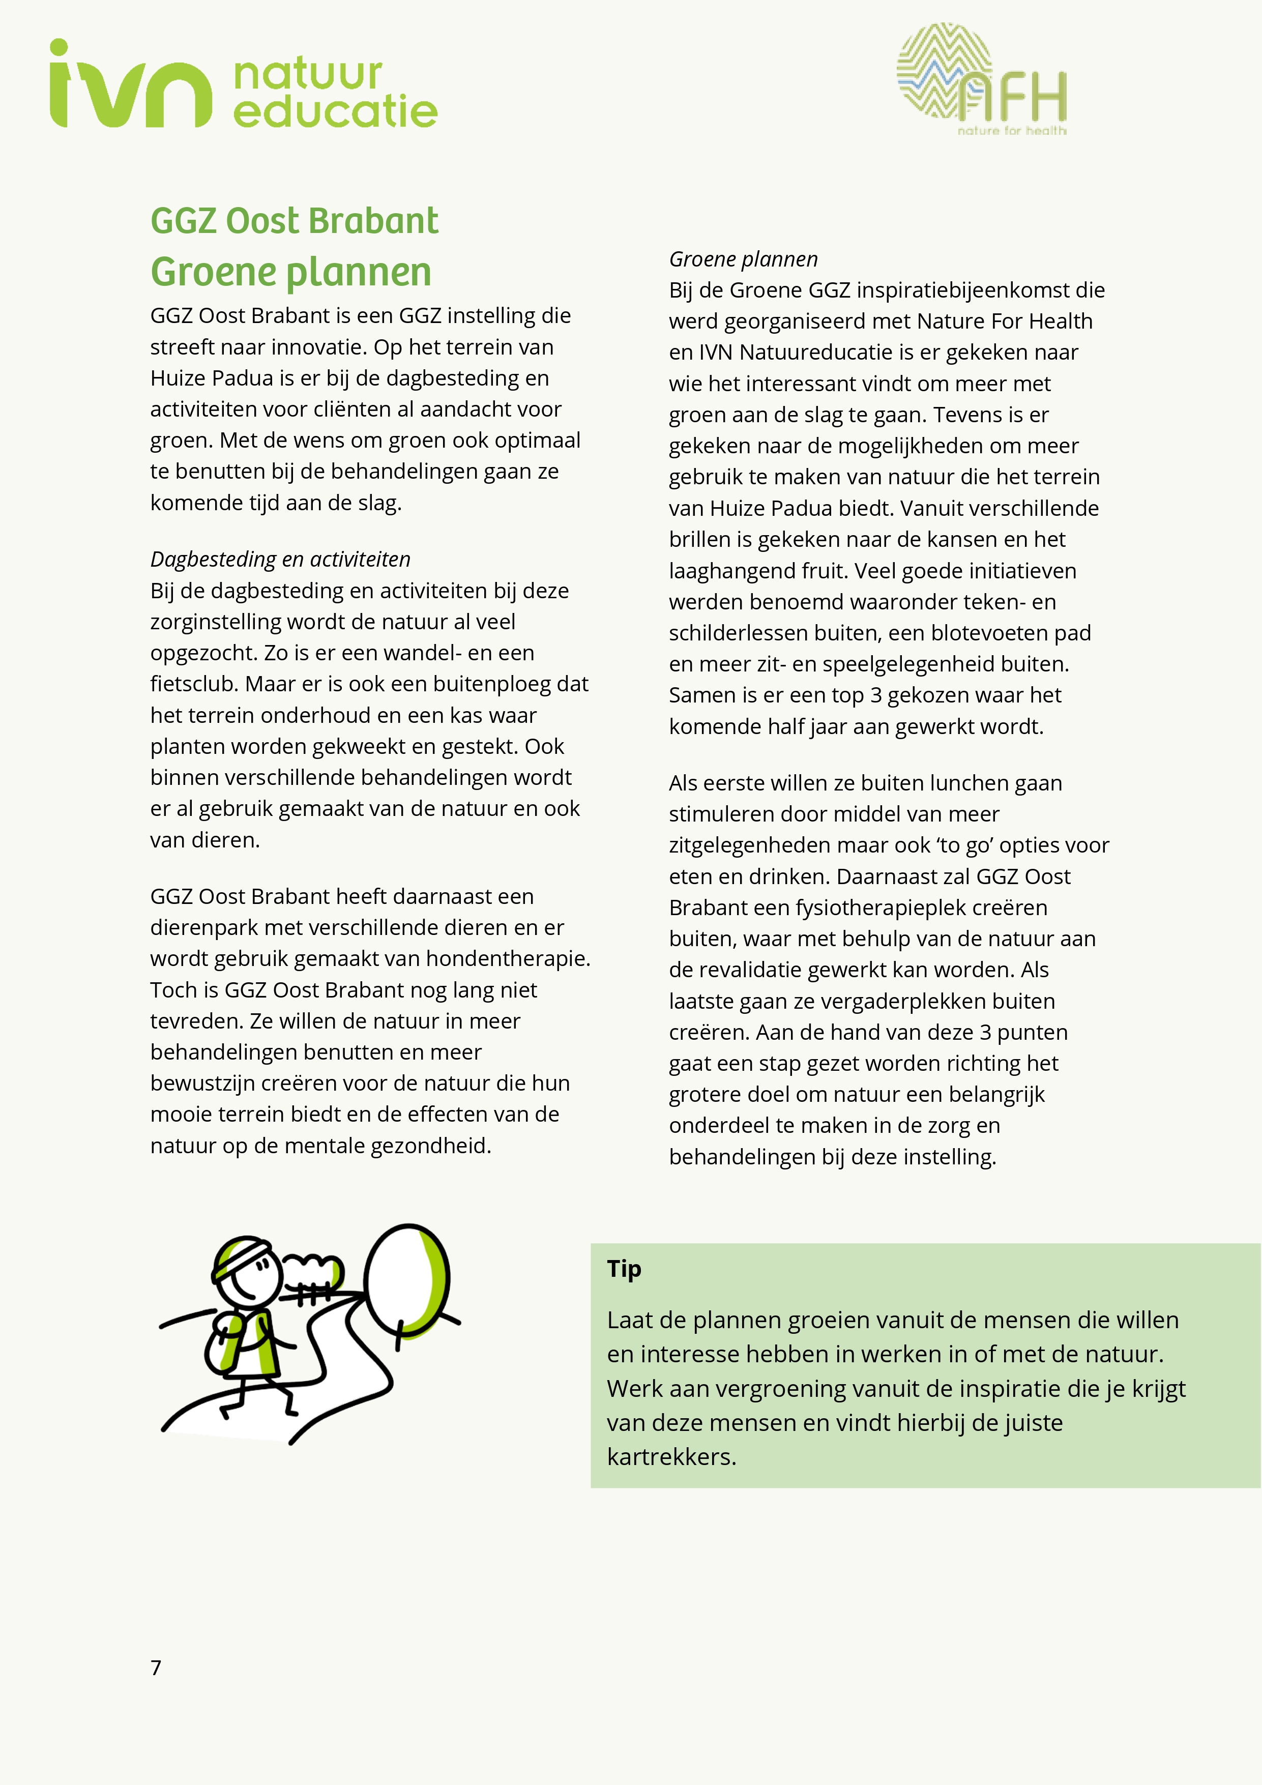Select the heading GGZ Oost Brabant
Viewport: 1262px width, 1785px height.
coord(294,221)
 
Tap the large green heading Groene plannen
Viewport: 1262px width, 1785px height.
coord(291,272)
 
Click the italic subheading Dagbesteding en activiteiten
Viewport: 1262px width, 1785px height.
coord(280,559)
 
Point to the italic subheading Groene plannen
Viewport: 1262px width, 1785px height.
coord(743,259)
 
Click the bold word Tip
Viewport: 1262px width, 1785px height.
coord(624,1269)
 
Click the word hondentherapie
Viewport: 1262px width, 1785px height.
coord(510,958)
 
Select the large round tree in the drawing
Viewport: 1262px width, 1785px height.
coord(406,1277)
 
